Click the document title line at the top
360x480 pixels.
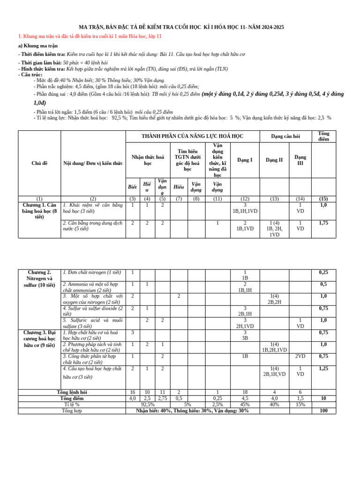pyautogui.click(x=180, y=27)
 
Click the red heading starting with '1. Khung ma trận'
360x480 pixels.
pyautogui.click(x=90, y=36)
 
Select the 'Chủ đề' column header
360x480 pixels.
pyautogui.click(x=39, y=163)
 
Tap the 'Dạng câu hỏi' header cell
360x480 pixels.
pyautogui.click(x=285, y=136)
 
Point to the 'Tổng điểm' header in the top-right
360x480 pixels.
pyautogui.click(x=323, y=136)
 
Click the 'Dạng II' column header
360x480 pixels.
pyautogui.click(x=274, y=160)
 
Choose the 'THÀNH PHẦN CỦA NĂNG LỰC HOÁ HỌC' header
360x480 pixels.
pyautogui.click(x=193, y=136)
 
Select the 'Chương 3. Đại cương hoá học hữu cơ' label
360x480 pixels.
pyautogui.click(x=39, y=338)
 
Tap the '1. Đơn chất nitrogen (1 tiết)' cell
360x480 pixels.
pyautogui.click(x=92, y=272)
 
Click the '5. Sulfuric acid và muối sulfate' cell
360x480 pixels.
pyautogui.click(x=93, y=323)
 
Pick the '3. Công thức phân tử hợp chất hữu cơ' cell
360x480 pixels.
pyautogui.click(x=93, y=359)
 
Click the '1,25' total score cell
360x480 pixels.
pyautogui.click(x=323, y=368)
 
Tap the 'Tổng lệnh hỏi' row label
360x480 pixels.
pyautogui.click(x=72, y=391)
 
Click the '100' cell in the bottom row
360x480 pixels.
pyautogui.click(x=323, y=411)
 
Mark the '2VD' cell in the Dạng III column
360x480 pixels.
pyautogui.click(x=300, y=356)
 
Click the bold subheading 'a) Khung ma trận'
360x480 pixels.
pyautogui.click(x=39, y=46)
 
